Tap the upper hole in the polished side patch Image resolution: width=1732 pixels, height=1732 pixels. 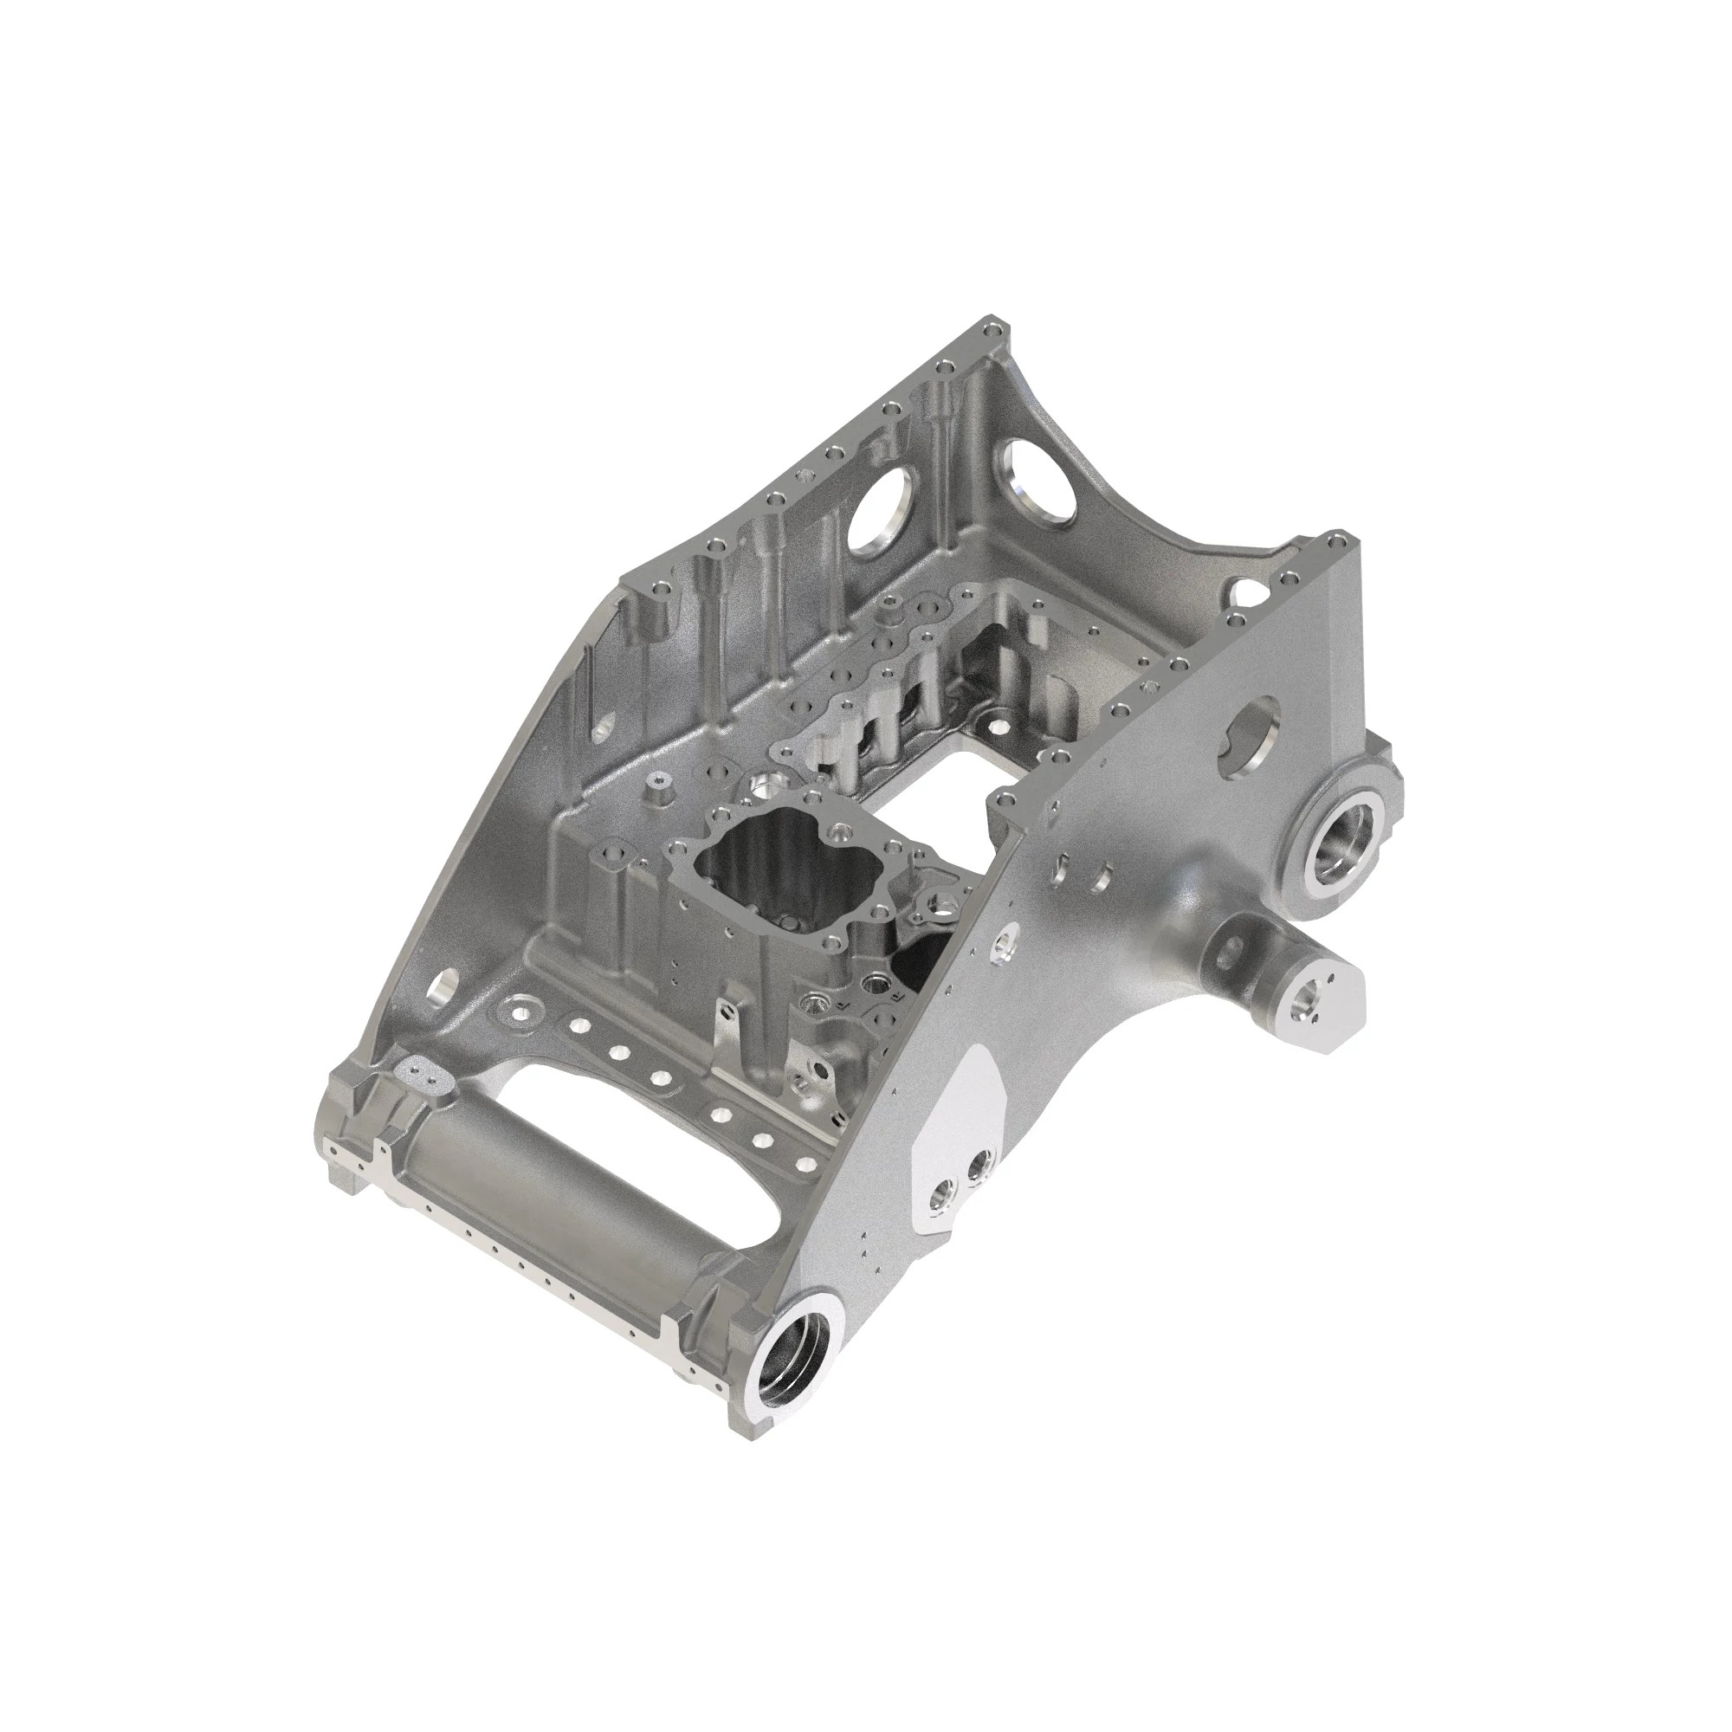(984, 1163)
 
